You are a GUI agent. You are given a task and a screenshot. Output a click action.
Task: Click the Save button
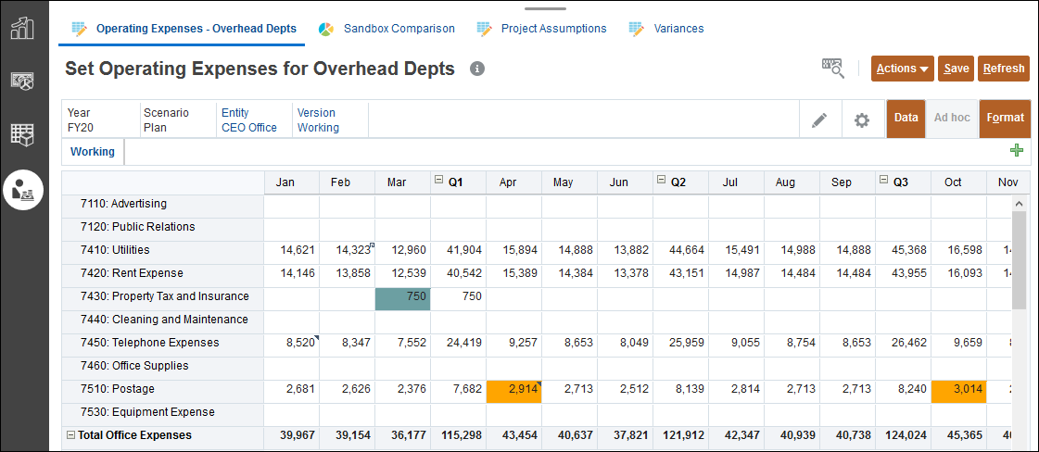click(956, 69)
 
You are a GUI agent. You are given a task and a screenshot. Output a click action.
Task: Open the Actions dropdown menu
click(902, 69)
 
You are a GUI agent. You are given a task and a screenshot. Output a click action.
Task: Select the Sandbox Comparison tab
click(399, 29)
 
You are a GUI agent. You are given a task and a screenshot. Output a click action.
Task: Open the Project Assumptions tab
click(553, 29)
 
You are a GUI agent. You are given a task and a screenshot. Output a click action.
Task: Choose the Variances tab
click(678, 29)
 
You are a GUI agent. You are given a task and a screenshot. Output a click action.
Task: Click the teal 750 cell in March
click(402, 297)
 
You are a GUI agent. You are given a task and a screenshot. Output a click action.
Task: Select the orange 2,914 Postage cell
click(513, 390)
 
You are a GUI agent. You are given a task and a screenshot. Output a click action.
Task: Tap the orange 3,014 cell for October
click(958, 390)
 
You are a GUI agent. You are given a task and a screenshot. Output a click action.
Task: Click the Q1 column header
click(455, 182)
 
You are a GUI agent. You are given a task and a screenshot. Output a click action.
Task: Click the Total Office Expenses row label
click(134, 435)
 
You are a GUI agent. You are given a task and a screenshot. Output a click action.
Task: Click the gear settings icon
click(862, 119)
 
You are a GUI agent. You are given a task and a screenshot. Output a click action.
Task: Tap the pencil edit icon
click(819, 119)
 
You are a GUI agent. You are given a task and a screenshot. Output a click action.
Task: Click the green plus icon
click(1017, 151)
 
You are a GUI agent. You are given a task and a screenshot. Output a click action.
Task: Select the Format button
click(1005, 119)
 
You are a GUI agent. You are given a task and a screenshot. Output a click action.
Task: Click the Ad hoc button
click(952, 119)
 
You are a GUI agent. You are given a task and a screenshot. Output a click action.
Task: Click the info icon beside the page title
click(477, 69)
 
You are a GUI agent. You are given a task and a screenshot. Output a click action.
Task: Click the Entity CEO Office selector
click(248, 120)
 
